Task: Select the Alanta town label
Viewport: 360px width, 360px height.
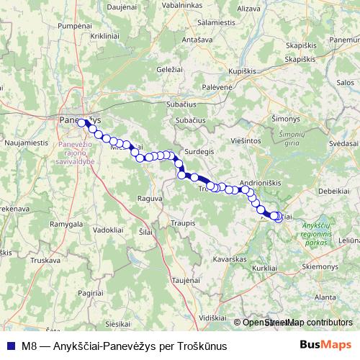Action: point(325,296)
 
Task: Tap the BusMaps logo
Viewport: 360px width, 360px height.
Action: point(325,346)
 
